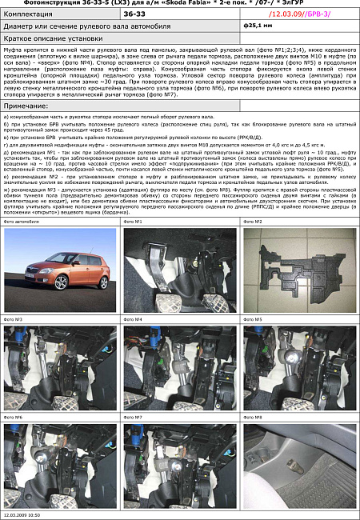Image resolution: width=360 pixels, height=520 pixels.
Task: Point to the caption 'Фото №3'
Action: [x=14, y=319]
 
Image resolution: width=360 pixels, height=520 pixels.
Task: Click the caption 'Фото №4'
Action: [x=134, y=319]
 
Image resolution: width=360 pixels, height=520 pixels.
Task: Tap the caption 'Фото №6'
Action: [x=14, y=417]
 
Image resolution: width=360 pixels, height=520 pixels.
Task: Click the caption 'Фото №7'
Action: [x=134, y=417]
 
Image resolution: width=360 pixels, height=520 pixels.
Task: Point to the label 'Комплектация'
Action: [x=33, y=14]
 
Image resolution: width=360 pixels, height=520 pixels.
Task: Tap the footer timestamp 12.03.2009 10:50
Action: [x=22, y=515]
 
